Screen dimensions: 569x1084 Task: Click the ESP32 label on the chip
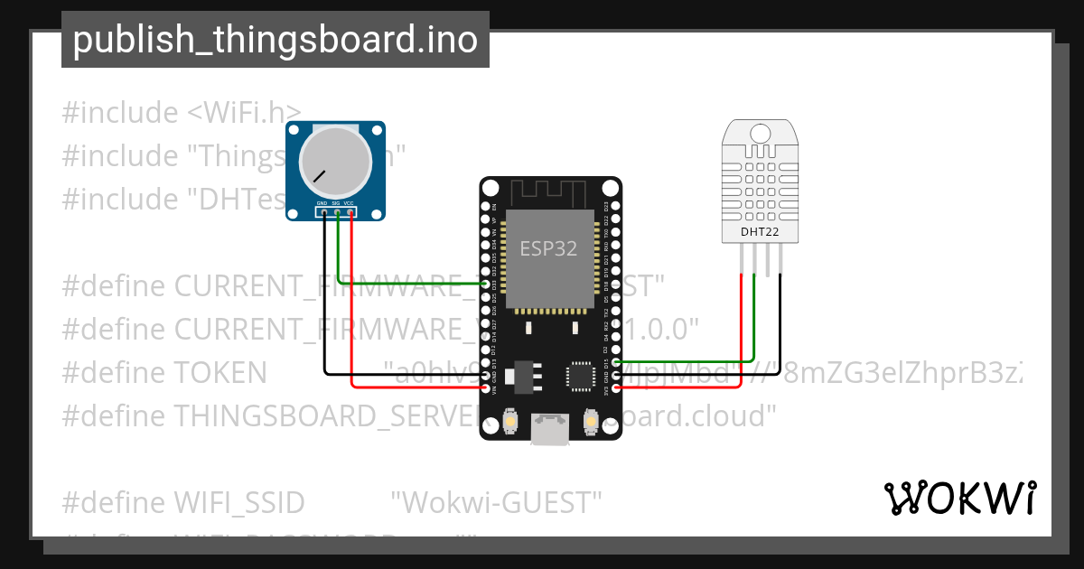tap(548, 249)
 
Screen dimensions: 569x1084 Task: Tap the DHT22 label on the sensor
tap(760, 232)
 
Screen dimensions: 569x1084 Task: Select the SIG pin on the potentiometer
tap(335, 212)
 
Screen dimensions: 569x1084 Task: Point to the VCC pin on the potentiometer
tap(349, 212)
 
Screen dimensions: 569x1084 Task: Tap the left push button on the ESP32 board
tap(511, 421)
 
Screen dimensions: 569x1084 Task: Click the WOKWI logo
tap(959, 498)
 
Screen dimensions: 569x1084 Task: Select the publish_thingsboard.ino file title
tap(275, 40)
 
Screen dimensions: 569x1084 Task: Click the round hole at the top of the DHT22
tap(760, 135)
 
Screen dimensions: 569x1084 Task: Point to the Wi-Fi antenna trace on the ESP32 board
tap(549, 192)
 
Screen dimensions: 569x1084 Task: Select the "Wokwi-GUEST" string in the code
tap(496, 501)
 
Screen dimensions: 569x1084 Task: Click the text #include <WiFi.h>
tap(182, 113)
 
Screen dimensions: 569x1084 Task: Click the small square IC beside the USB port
tap(578, 374)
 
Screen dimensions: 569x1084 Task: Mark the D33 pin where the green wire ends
tap(487, 284)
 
